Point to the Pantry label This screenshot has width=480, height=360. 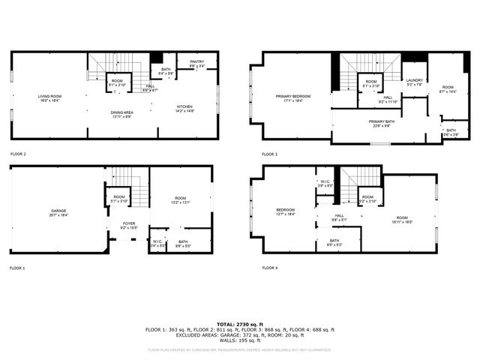click(x=196, y=63)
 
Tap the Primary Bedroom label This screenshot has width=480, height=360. click(x=292, y=97)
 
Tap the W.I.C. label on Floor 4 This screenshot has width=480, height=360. click(x=324, y=183)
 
